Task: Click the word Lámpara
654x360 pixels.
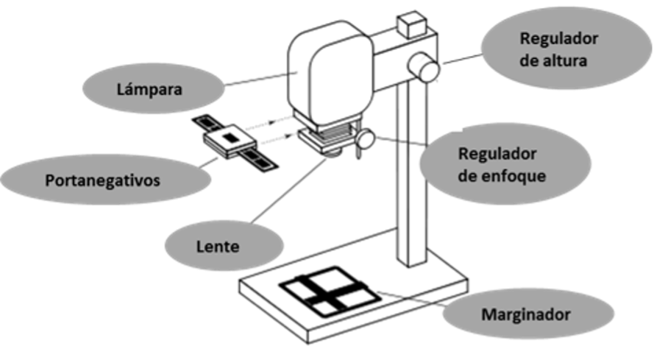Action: [149, 89]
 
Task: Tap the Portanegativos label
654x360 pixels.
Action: [102, 180]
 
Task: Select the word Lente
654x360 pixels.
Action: [218, 247]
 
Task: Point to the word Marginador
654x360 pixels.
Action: [526, 314]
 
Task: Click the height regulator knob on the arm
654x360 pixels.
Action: [423, 67]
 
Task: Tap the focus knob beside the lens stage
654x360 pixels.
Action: [366, 139]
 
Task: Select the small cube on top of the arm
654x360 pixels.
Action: [413, 24]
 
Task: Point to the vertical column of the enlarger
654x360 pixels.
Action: [411, 173]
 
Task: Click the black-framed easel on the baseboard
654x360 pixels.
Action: [330, 291]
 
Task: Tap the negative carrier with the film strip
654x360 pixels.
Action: [235, 142]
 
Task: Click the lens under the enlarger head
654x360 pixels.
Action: [334, 154]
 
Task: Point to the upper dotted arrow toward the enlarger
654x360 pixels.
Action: [260, 124]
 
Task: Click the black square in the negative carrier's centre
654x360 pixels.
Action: [229, 138]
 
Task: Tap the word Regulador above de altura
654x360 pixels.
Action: [559, 39]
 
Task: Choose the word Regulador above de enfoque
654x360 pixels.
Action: [497, 154]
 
